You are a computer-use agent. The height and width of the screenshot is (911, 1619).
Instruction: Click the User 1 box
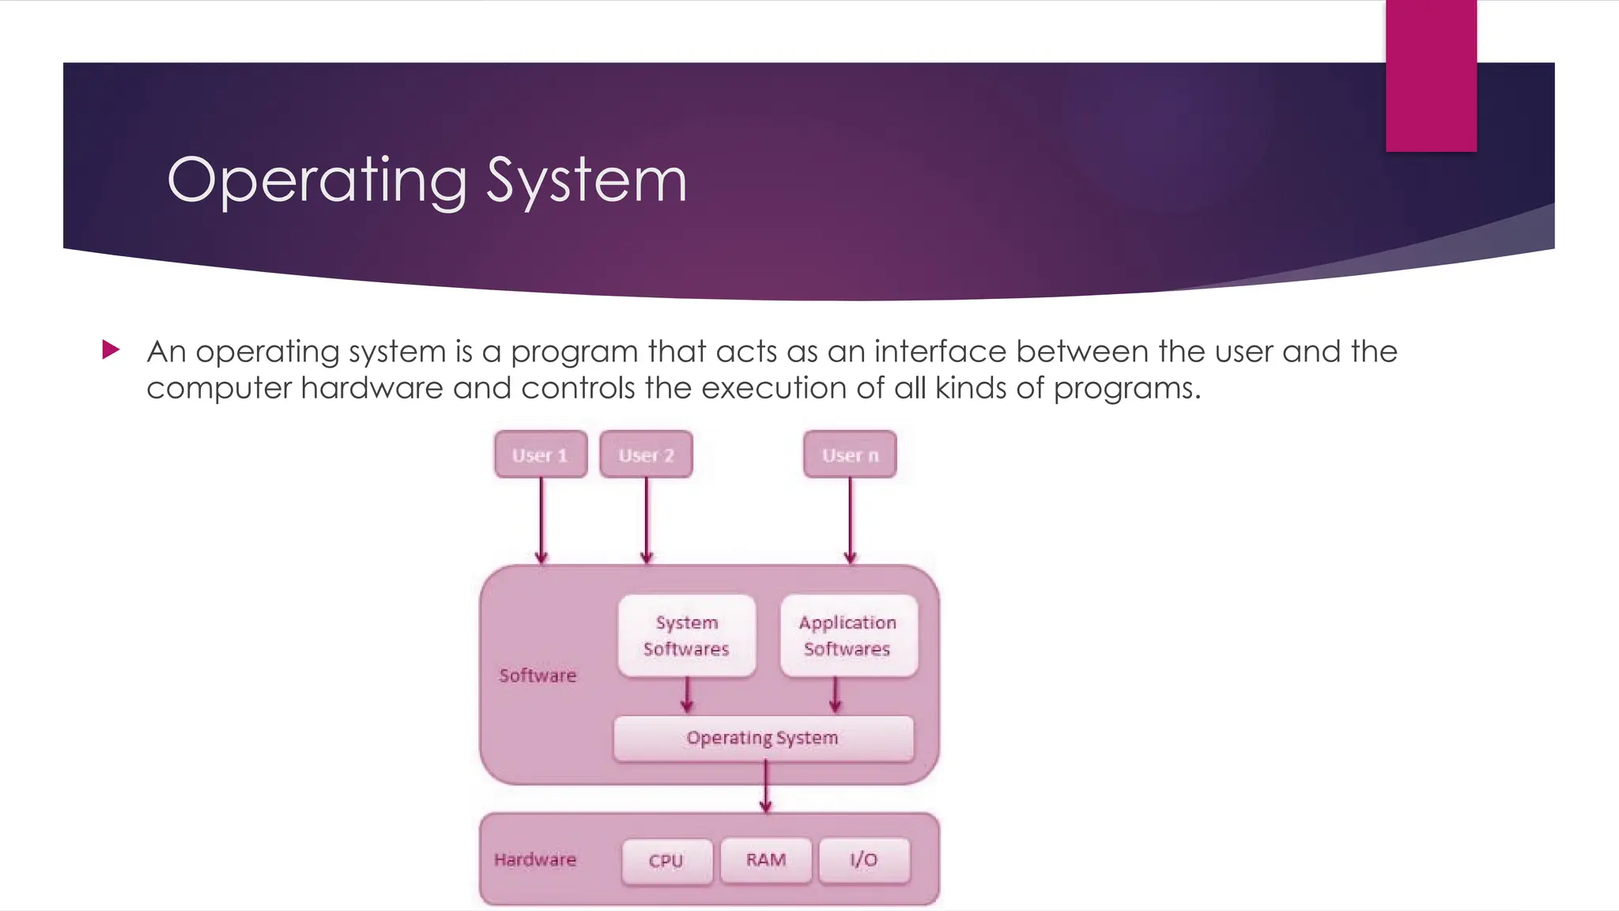541,455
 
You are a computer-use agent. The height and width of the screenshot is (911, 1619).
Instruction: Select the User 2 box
646,455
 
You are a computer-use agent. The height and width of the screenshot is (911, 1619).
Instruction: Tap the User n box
850,455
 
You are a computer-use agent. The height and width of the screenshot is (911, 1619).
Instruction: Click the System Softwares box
686,636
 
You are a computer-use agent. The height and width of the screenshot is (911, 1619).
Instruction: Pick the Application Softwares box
848,636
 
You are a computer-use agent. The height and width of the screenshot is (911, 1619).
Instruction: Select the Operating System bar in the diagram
763,739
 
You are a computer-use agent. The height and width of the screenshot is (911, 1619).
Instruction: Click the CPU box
666,860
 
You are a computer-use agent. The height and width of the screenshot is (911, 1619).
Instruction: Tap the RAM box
766,860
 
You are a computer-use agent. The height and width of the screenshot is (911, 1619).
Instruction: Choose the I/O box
864,860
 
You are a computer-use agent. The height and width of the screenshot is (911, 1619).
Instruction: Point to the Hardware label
535,860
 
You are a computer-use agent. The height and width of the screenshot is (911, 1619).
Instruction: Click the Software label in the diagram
538,675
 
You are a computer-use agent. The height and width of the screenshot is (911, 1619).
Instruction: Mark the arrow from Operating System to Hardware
765,788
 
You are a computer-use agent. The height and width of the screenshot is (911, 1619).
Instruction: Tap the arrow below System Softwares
687,695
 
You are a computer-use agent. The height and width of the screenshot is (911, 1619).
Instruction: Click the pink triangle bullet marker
111,350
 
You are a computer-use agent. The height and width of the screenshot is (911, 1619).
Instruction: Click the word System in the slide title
586,180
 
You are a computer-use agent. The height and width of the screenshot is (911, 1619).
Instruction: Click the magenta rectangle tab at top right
1431,75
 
